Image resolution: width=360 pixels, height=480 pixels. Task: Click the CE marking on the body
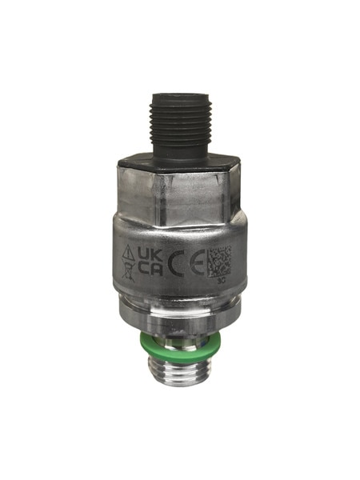coord(182,262)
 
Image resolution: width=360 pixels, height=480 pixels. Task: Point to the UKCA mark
coord(150,261)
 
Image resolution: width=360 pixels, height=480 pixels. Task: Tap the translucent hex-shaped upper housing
coord(179,192)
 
